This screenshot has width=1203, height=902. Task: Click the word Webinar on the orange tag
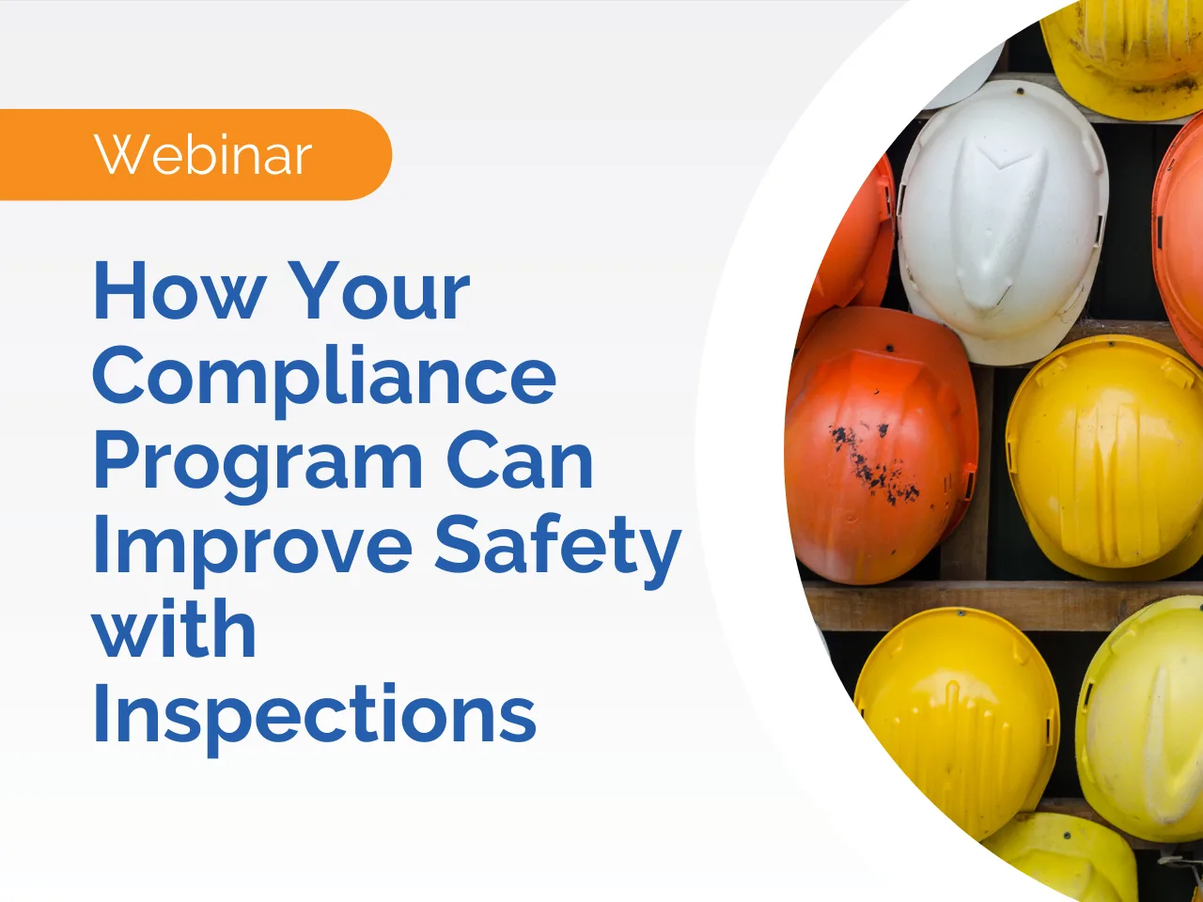[203, 155]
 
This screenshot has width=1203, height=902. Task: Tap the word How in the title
[179, 291]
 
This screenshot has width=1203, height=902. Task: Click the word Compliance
[324, 376]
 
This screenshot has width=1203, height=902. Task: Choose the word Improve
[252, 547]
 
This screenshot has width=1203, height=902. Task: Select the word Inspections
[314, 714]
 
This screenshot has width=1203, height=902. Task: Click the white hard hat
[1002, 221]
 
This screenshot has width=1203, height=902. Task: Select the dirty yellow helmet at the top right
[1128, 47]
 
